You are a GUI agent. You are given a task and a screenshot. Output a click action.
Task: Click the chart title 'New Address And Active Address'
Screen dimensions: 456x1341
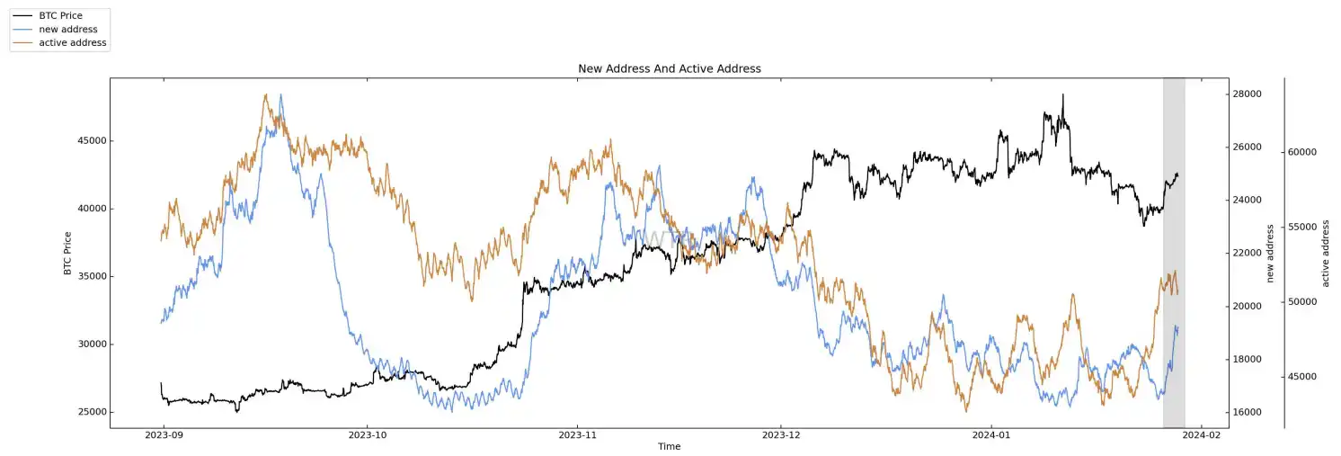669,68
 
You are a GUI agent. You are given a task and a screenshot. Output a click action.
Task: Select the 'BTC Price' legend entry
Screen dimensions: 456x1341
60,16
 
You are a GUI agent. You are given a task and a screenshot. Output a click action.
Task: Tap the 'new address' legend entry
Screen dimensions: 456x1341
68,30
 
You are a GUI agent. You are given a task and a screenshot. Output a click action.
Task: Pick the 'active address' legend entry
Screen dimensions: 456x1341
72,43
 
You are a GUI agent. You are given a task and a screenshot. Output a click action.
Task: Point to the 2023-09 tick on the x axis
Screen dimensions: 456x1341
163,435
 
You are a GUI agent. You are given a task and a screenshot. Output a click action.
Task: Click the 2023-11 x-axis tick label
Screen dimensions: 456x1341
578,435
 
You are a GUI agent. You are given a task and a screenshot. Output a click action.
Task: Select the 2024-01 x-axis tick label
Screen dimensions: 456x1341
991,435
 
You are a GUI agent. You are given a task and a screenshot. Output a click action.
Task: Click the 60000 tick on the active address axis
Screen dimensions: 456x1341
1302,152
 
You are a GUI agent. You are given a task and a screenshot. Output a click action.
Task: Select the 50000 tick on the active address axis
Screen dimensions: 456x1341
1302,301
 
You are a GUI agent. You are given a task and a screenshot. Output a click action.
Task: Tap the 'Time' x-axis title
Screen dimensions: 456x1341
669,447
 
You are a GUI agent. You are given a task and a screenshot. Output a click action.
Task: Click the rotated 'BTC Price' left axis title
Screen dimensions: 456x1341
67,253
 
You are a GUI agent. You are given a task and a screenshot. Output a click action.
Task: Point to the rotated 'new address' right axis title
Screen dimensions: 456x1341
1270,253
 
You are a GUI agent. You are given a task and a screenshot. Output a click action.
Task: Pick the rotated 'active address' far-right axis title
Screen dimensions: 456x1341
1325,253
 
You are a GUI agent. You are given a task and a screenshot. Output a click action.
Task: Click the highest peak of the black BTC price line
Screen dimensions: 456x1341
1062,94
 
